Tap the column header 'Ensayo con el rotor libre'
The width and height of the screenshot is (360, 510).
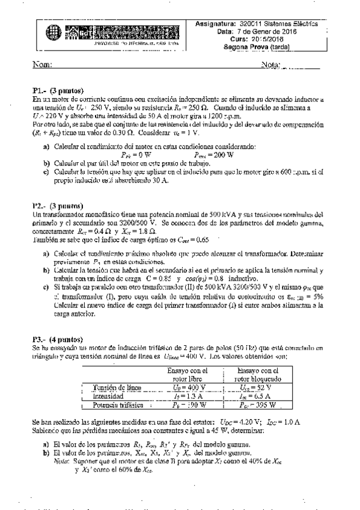189,375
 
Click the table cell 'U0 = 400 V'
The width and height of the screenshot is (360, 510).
189,388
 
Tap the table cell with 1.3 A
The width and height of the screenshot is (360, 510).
189,397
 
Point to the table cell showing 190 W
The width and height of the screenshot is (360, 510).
189,405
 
